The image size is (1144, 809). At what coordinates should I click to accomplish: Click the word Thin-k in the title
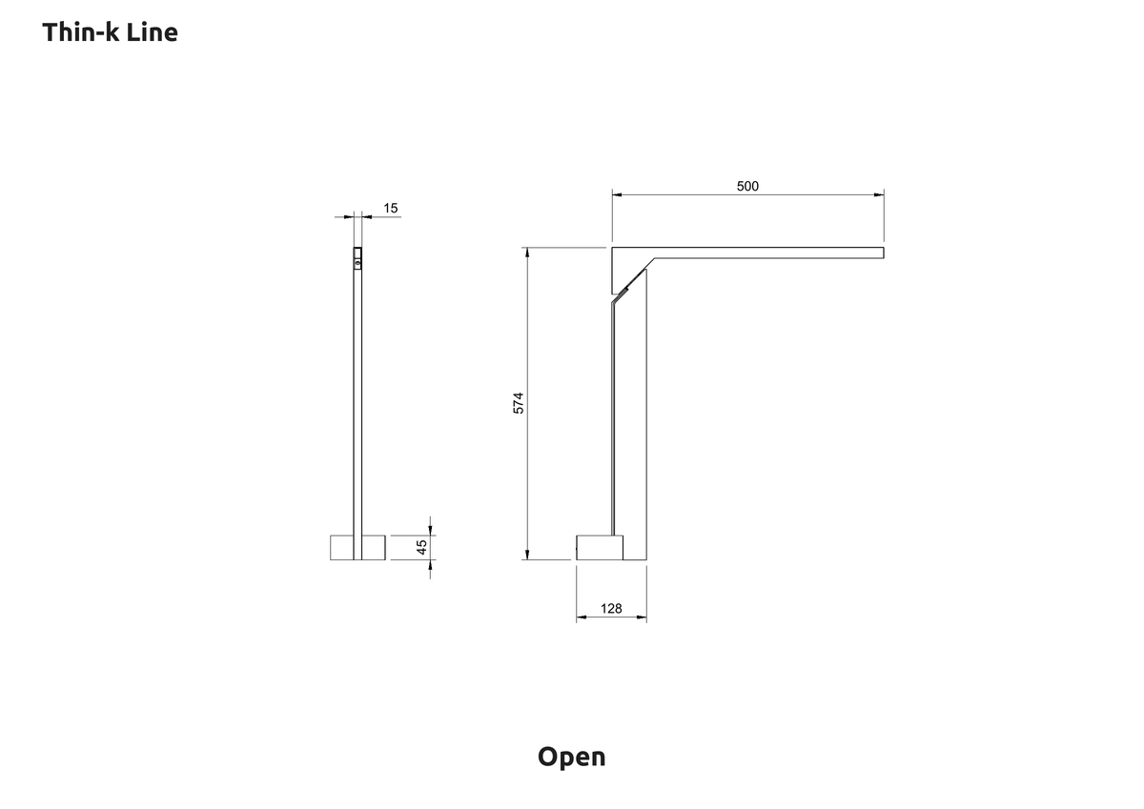coord(80,32)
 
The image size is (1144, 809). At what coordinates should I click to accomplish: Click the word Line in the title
coord(153,32)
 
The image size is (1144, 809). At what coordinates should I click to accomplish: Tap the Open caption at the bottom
coord(571,758)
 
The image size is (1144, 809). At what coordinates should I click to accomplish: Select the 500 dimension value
coord(747,187)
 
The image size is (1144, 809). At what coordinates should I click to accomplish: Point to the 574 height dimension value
coord(519,403)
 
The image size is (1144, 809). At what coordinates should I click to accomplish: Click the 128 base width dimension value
coord(611,608)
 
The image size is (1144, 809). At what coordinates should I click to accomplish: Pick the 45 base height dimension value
coord(421,547)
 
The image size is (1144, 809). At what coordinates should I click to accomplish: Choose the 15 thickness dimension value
coord(391,209)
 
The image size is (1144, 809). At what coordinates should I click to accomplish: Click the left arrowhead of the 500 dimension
coord(617,194)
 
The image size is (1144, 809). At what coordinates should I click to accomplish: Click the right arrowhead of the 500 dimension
coord(879,194)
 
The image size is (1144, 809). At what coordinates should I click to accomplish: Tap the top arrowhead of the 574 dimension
coord(527,253)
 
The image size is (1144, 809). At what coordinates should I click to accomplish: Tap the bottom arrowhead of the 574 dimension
coord(527,555)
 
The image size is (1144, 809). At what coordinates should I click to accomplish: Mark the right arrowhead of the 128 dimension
coord(642,617)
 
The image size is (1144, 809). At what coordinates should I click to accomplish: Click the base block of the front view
coord(357,547)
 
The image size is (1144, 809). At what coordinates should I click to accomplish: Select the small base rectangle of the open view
coord(600,547)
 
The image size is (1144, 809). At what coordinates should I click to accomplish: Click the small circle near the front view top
coord(357,262)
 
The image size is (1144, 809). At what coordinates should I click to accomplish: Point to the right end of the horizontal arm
coord(884,253)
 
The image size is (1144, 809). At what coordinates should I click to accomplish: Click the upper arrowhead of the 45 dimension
coord(430,531)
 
